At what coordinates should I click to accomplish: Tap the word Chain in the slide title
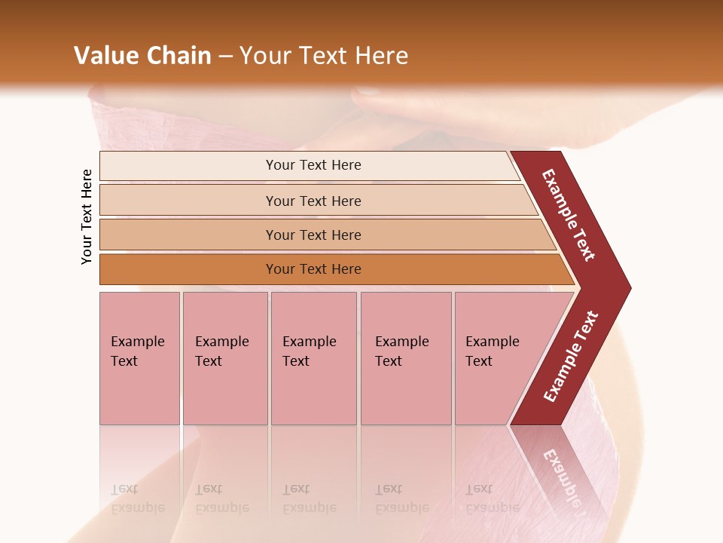tap(178, 55)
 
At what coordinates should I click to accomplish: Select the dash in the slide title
tap(225, 56)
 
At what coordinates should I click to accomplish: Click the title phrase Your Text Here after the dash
tap(324, 55)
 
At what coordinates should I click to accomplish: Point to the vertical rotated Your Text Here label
tap(87, 216)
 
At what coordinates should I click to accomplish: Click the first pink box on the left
tap(139, 357)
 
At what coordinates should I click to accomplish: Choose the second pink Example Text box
tap(224, 357)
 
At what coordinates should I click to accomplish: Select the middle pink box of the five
tap(313, 357)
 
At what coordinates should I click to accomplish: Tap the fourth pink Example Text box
tap(405, 357)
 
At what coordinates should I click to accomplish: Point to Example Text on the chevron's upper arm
tap(569, 215)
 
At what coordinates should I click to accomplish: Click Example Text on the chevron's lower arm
tap(570, 357)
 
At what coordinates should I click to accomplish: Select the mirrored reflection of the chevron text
tap(561, 479)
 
